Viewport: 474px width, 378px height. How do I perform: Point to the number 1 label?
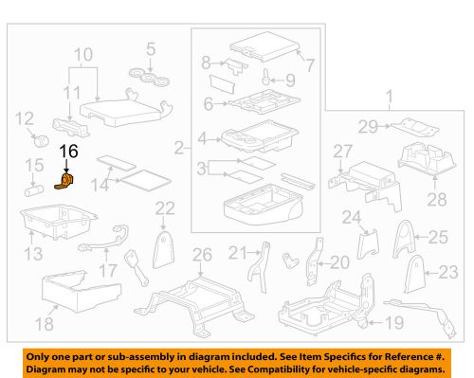click(x=389, y=95)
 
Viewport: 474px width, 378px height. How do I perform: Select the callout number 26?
click(x=199, y=253)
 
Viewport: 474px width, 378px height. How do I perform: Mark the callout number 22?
click(x=165, y=208)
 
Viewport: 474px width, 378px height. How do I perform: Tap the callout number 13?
click(x=31, y=253)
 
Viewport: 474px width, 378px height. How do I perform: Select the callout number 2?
click(x=179, y=147)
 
